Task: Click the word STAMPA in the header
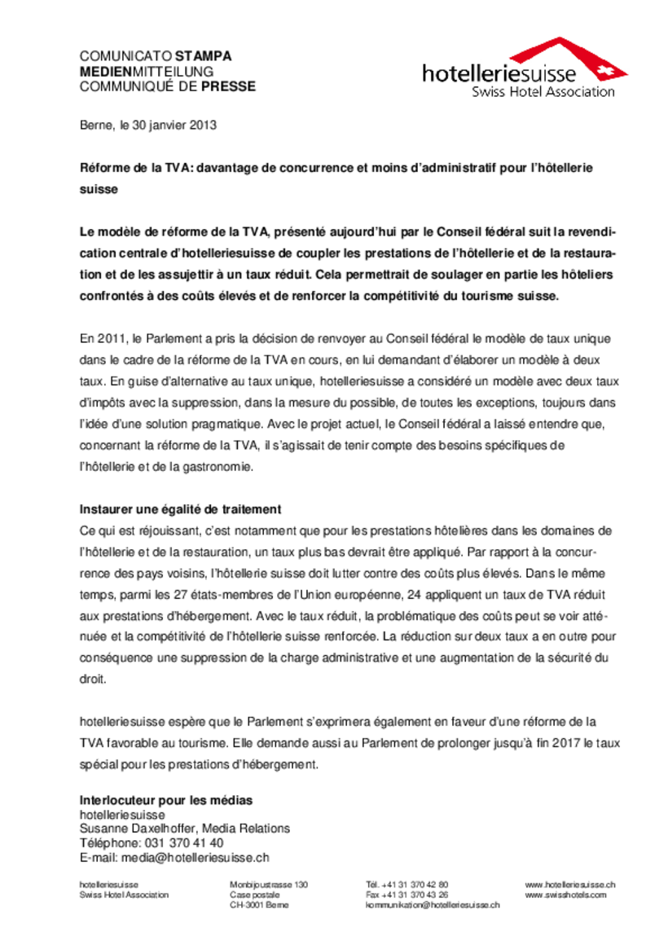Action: tap(203, 56)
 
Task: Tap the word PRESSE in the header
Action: tap(228, 86)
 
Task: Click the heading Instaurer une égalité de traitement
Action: tap(180, 509)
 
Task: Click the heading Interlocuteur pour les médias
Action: tap(166, 800)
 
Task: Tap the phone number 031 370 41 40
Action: tap(183, 843)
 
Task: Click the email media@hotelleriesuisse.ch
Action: tap(196, 857)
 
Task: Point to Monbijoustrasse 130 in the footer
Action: tap(269, 884)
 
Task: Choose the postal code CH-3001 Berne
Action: tap(258, 904)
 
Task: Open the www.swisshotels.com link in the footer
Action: tap(565, 894)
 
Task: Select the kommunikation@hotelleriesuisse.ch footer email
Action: tap(432, 904)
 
